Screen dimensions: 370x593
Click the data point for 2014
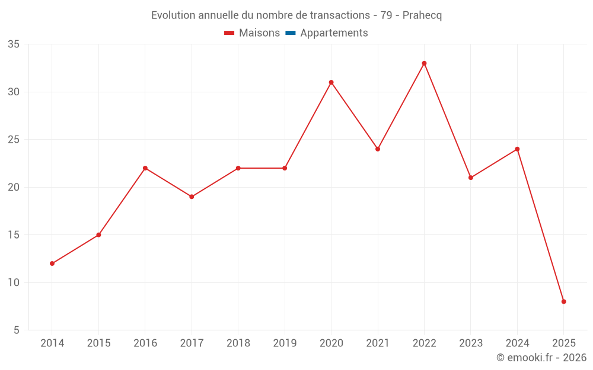coord(52,263)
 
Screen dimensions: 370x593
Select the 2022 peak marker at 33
coord(424,63)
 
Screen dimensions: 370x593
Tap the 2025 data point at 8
coord(563,301)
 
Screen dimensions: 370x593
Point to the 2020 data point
coord(331,82)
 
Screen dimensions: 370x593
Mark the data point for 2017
coord(192,197)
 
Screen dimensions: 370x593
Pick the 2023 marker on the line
coord(471,178)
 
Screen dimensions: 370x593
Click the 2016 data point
coord(145,168)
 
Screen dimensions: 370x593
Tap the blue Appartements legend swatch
coord(291,33)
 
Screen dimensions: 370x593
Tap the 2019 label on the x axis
coord(285,343)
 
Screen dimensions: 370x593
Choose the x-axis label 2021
coord(378,343)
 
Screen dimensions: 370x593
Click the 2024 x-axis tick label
coord(517,343)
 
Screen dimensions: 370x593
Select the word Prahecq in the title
coord(422,15)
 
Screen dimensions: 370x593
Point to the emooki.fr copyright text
coord(541,358)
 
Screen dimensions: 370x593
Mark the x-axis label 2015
coord(98,343)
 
